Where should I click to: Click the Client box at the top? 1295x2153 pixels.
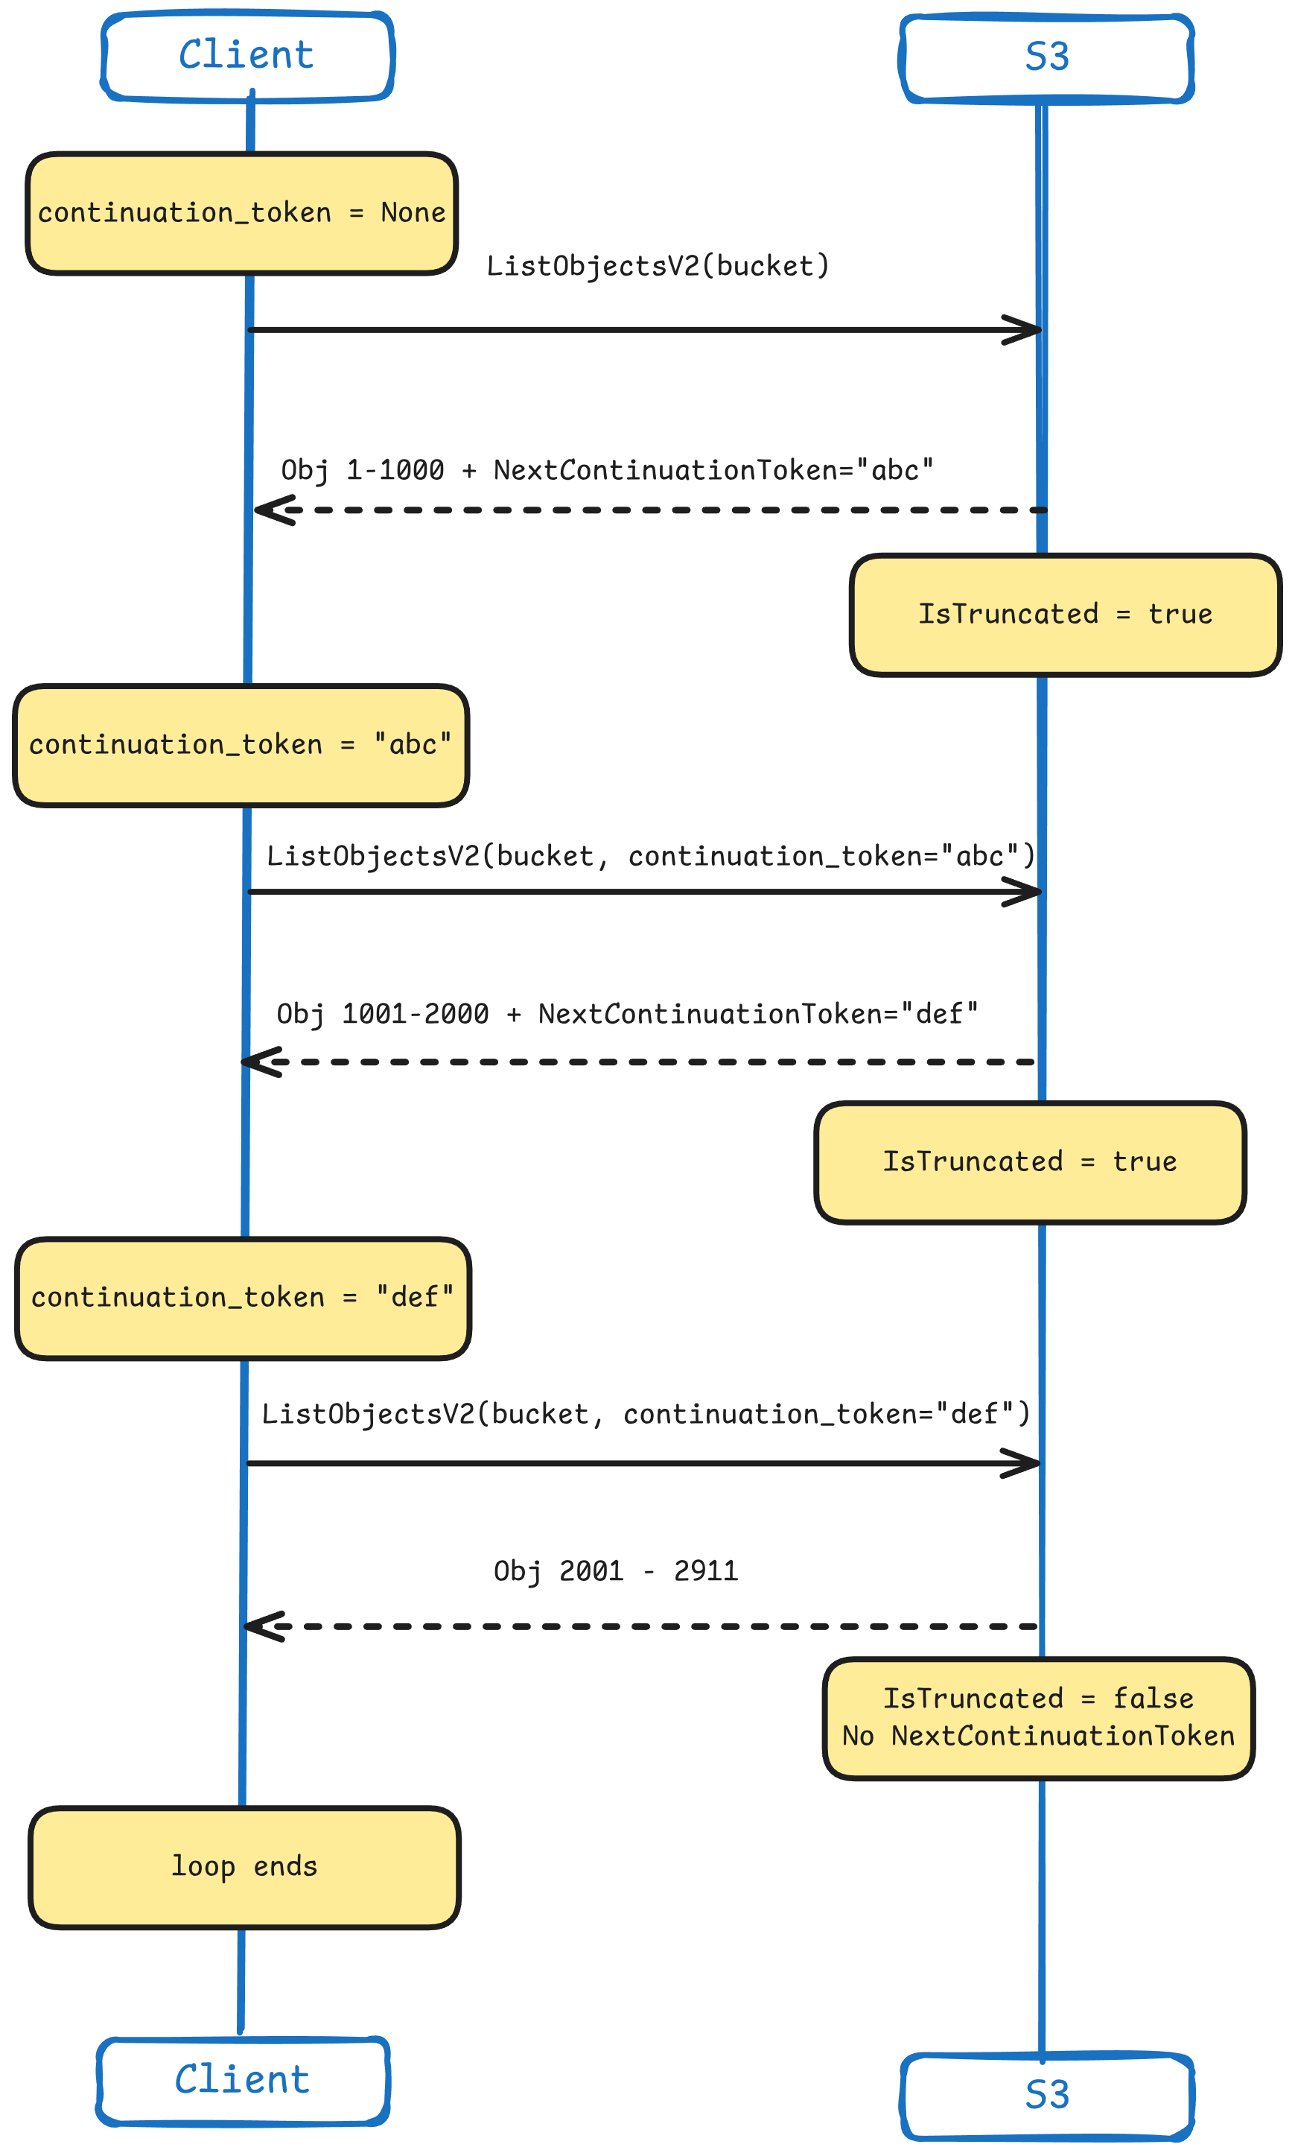pyautogui.click(x=247, y=56)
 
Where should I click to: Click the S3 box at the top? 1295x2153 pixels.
pyautogui.click(x=1046, y=57)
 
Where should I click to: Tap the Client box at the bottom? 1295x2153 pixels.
pyautogui.click(x=243, y=2081)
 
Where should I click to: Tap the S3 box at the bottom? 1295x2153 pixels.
pyautogui.click(x=1046, y=2096)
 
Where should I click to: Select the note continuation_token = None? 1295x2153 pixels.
pyautogui.click(x=242, y=213)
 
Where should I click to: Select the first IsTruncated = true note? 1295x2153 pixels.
pyautogui.click(x=1065, y=615)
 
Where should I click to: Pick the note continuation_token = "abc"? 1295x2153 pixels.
pyautogui.click(x=241, y=744)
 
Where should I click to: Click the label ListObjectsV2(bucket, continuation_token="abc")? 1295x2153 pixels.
pyautogui.click(x=651, y=856)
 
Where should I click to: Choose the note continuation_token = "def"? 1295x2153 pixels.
pyautogui.click(x=243, y=1298)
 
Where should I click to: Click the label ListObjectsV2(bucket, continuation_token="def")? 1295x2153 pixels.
pyautogui.click(x=646, y=1414)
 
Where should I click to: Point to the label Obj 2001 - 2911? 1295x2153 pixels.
pyautogui.click(x=616, y=1571)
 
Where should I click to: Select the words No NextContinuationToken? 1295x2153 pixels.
pyautogui.click(x=1038, y=1736)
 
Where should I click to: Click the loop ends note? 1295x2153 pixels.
pyautogui.click(x=244, y=1866)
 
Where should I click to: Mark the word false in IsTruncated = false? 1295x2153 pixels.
pyautogui.click(x=1153, y=1699)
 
